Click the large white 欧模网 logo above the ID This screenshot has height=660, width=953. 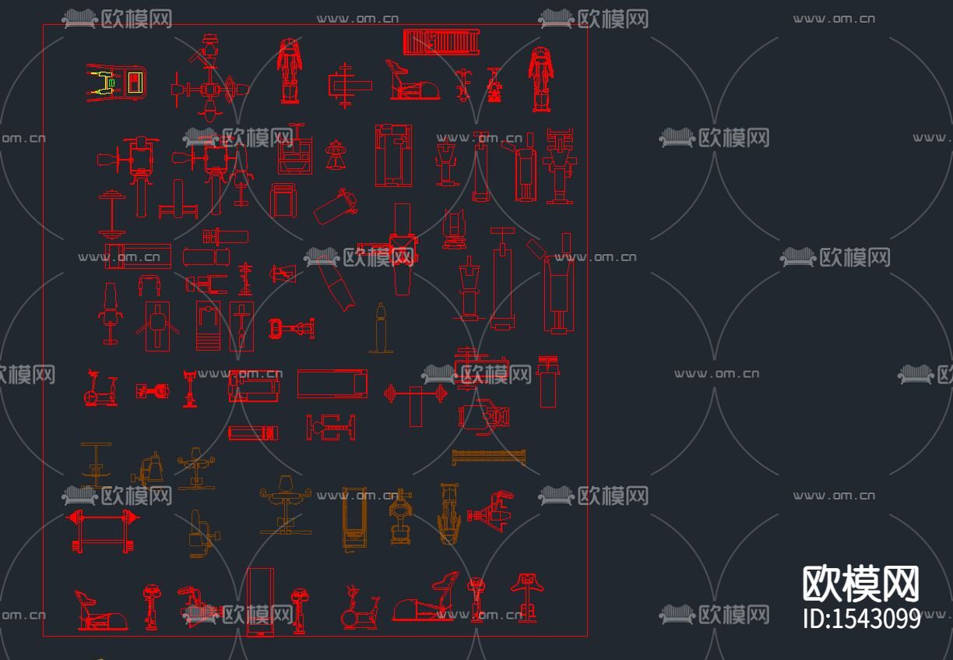(x=860, y=584)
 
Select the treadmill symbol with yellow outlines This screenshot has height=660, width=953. (x=114, y=83)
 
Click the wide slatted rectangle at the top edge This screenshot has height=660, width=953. (x=440, y=42)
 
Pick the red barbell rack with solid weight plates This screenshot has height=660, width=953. (x=103, y=530)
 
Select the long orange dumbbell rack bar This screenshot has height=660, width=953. (x=489, y=457)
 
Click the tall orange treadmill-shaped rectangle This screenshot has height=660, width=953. (x=354, y=518)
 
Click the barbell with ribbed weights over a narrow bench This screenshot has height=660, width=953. (x=416, y=395)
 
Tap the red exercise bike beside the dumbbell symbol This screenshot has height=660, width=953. (x=100, y=389)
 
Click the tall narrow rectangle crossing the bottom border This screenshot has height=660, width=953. (x=260, y=602)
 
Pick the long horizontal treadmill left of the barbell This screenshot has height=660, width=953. (x=332, y=383)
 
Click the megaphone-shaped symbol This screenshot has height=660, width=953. (x=283, y=273)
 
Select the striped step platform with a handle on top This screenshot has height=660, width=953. (x=208, y=326)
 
